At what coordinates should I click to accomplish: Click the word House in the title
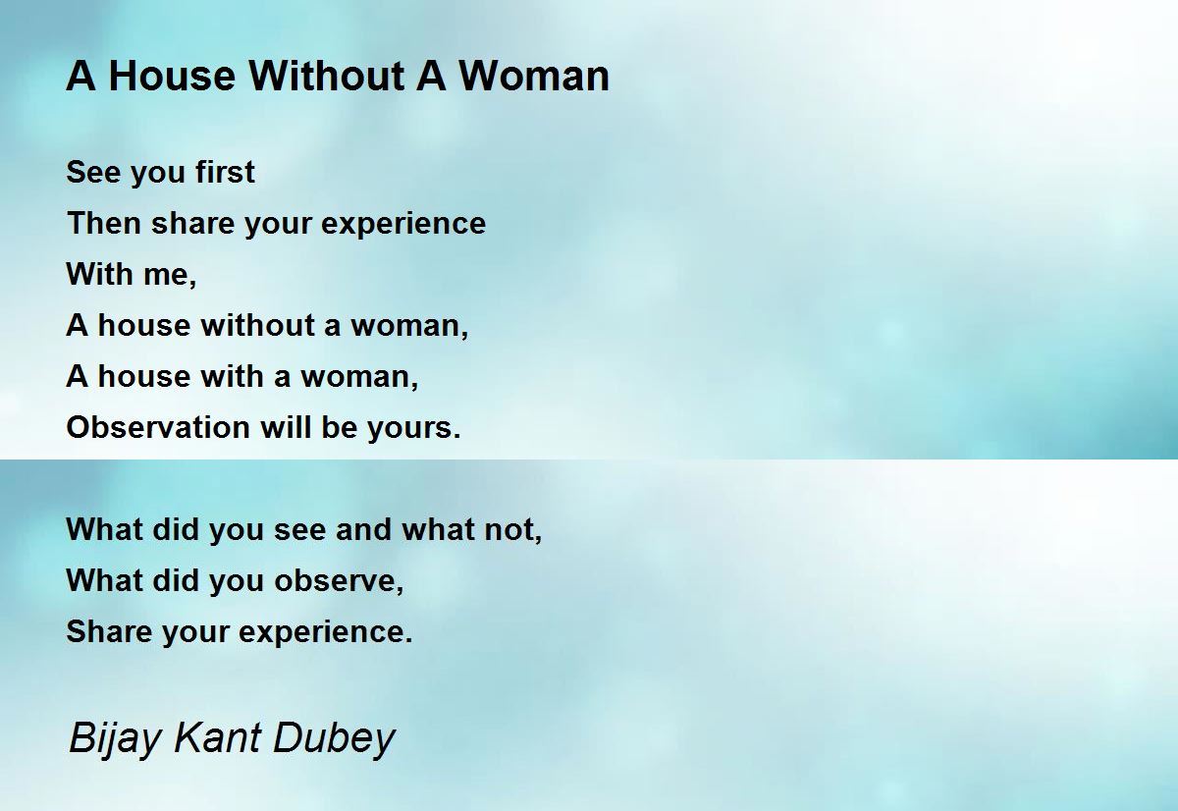point(172,77)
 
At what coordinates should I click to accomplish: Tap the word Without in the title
point(326,77)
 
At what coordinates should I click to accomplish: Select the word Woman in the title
point(534,77)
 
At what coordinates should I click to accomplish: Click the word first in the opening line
point(225,172)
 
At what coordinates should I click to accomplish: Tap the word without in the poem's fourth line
point(257,325)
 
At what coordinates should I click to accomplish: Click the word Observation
point(158,427)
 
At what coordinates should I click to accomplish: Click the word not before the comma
point(513,530)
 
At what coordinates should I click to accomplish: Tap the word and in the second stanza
point(363,529)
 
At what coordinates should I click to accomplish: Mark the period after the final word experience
point(408,640)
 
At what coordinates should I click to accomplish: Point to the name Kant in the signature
point(217,737)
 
